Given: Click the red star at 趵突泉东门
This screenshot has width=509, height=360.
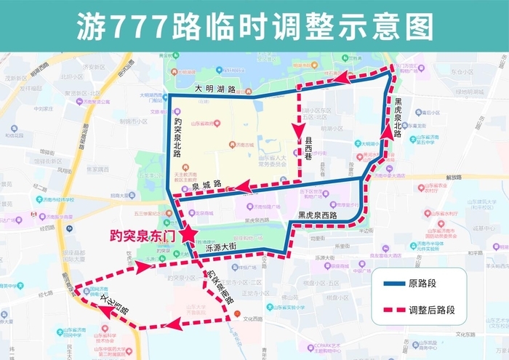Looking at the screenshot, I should (189, 233).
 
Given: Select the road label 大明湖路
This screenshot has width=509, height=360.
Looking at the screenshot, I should (216, 89).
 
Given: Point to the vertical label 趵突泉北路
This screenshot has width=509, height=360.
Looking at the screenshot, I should (177, 139).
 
